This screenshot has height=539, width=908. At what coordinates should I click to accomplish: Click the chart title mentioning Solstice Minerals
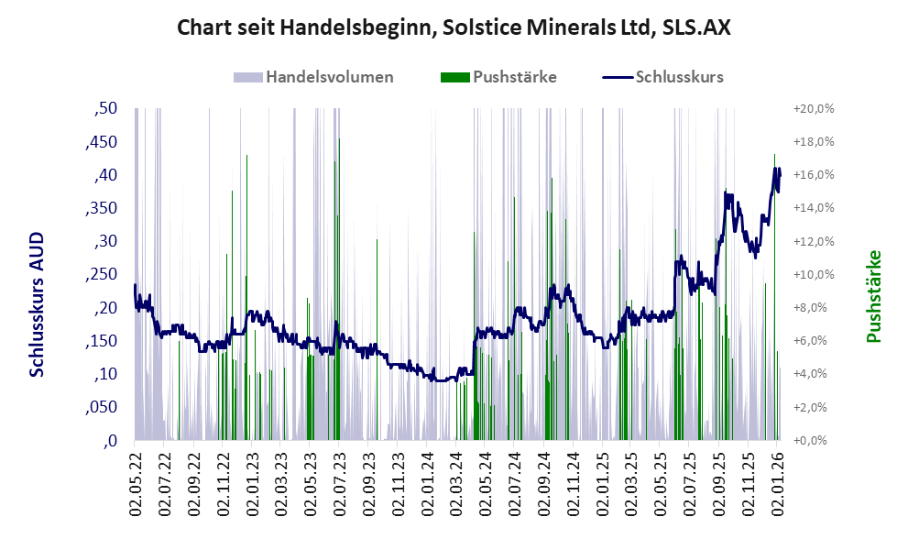coord(454,27)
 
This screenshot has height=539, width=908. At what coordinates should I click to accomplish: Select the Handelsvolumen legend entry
coord(314,77)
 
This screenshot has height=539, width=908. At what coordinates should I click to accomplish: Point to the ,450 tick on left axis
coord(102,142)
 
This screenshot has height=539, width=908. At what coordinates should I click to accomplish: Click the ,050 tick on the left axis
coord(102,407)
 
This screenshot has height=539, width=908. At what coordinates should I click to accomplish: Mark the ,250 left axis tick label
coord(102,274)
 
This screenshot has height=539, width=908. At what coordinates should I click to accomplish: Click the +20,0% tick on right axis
coord(812,108)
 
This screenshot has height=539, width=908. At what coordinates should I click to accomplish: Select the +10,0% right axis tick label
coord(812,274)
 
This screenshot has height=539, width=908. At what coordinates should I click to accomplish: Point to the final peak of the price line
coord(776,169)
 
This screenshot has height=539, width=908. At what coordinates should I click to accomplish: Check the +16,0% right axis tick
coord(812,175)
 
